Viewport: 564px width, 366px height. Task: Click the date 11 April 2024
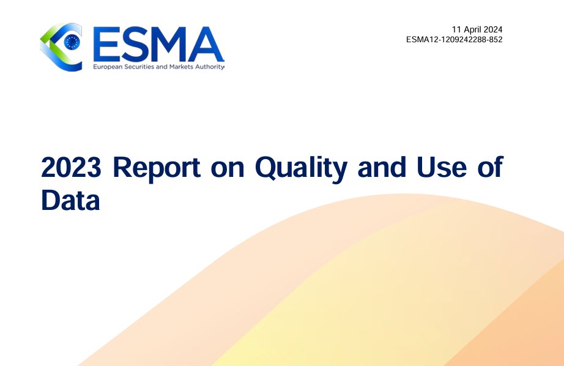[x=477, y=29]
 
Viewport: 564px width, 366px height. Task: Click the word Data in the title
[x=70, y=200]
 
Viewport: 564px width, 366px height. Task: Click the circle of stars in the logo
[x=72, y=42]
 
